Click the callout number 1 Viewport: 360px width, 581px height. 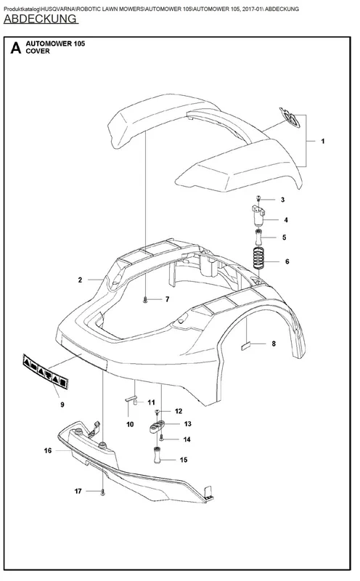322,141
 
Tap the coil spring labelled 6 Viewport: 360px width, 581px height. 259,259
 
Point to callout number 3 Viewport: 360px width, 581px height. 282,200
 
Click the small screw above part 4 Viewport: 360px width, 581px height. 259,199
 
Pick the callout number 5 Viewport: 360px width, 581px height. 284,237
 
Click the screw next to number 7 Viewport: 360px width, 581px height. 146,299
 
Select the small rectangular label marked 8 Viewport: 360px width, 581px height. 246,346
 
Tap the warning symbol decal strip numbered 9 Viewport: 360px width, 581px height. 46,372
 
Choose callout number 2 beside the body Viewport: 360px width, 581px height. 80,280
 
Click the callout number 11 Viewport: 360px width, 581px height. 151,402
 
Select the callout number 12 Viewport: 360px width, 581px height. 179,411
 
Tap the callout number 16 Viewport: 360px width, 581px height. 48,450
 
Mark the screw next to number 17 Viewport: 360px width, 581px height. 102,492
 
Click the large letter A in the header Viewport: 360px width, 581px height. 15,47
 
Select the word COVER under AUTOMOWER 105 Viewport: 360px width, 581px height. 38,51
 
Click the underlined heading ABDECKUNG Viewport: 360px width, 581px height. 41,19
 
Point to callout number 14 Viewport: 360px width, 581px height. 187,439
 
